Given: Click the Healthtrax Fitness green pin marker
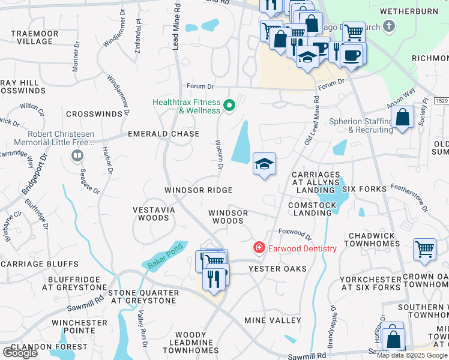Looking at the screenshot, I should (x=228, y=106).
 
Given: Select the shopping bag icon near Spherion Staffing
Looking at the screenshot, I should (x=404, y=118).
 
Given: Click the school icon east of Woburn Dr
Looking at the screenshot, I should (x=264, y=164).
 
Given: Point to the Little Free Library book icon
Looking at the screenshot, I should (x=77, y=157).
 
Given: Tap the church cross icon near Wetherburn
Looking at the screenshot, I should (x=389, y=26).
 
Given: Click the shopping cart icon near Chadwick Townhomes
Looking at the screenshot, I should (x=424, y=248).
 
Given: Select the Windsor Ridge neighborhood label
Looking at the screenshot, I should (x=199, y=190).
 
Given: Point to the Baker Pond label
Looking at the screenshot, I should (x=157, y=260).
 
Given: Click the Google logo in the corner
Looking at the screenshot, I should (x=20, y=353).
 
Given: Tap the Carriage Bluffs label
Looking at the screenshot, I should (x=40, y=264).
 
